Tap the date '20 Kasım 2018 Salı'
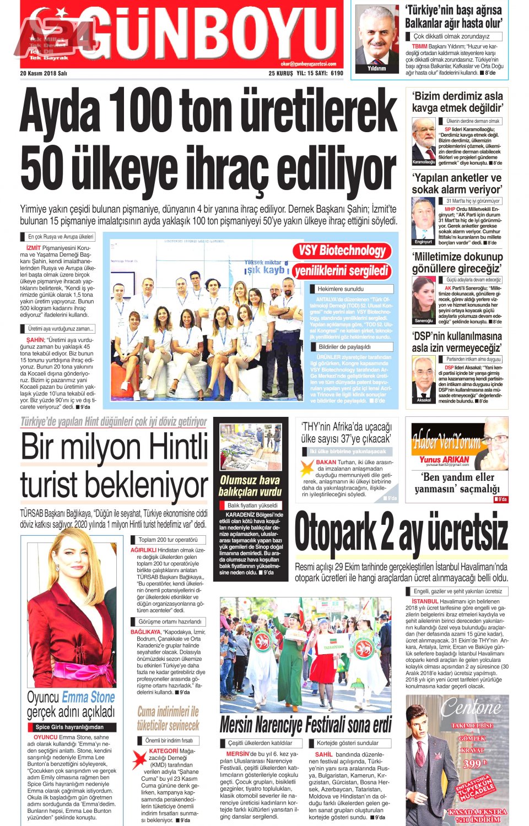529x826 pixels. (x=44, y=73)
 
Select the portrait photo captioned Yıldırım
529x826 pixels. (x=377, y=39)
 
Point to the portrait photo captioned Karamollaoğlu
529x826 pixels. (x=424, y=141)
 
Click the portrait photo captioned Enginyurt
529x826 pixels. (x=423, y=221)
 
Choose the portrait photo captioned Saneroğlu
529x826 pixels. (x=423, y=300)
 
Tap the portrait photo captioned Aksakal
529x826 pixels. (x=423, y=379)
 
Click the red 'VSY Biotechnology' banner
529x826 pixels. (x=342, y=251)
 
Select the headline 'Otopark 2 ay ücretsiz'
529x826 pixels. (x=401, y=532)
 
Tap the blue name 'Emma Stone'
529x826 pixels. (x=88, y=697)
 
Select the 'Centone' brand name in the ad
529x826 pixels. (x=471, y=706)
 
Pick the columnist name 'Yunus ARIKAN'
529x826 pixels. (x=444, y=459)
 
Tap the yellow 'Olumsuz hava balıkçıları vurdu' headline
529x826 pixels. (x=250, y=486)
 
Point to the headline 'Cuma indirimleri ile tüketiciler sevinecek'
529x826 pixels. (x=168, y=718)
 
